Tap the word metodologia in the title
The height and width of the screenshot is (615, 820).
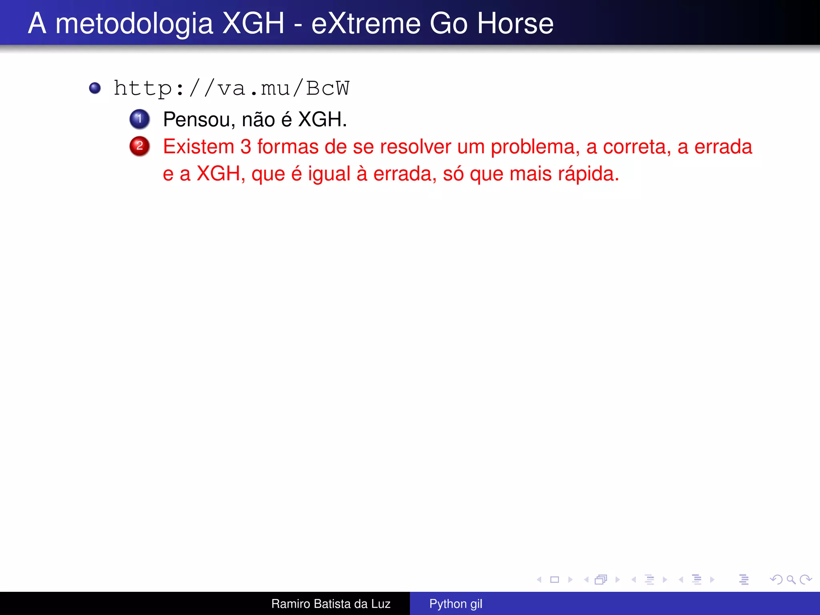point(134,23)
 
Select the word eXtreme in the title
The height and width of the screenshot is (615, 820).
point(366,23)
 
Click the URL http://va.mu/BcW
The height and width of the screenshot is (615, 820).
point(231,88)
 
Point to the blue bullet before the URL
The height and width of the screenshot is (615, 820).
point(95,88)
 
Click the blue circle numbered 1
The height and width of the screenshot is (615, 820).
point(139,119)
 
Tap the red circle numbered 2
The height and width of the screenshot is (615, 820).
point(139,146)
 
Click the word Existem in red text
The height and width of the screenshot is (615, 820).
point(199,147)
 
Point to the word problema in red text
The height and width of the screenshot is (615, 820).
point(535,147)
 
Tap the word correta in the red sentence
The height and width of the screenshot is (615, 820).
point(637,147)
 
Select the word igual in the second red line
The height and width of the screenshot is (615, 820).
point(329,174)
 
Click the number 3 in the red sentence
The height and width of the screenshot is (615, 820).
point(245,147)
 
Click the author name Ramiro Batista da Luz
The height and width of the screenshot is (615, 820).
point(331,603)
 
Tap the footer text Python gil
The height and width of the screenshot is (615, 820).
point(456,603)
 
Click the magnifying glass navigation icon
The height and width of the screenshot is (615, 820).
point(791,579)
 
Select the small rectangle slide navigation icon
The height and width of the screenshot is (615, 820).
point(555,579)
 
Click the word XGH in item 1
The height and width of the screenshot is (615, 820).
point(322,119)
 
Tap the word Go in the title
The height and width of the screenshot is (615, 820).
point(448,23)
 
